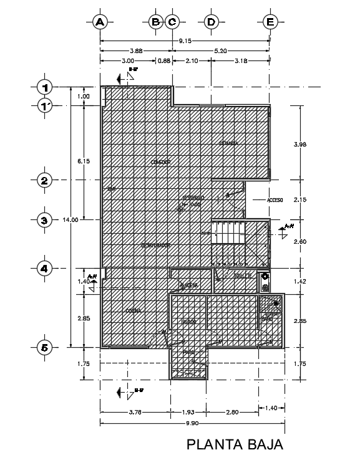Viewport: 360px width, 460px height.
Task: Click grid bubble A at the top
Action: [x=99, y=22]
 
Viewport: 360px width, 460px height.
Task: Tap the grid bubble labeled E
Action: [x=270, y=22]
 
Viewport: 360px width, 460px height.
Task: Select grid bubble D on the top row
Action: [x=211, y=22]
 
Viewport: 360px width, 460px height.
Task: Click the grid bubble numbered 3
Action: [x=44, y=220]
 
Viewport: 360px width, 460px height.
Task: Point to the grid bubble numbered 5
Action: [x=44, y=347]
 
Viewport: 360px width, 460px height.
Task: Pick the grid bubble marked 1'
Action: [x=44, y=106]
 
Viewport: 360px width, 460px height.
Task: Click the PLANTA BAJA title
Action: [x=236, y=444]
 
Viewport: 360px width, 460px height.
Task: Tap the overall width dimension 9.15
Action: [x=185, y=41]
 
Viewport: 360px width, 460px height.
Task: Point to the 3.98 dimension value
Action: [x=300, y=144]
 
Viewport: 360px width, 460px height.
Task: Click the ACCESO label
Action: [x=275, y=200]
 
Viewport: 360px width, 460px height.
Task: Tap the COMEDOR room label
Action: [x=160, y=161]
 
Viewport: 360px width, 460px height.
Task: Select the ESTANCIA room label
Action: [x=228, y=143]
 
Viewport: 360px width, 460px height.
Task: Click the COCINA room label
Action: [x=132, y=310]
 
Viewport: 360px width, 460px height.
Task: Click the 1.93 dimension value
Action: [x=188, y=411]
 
